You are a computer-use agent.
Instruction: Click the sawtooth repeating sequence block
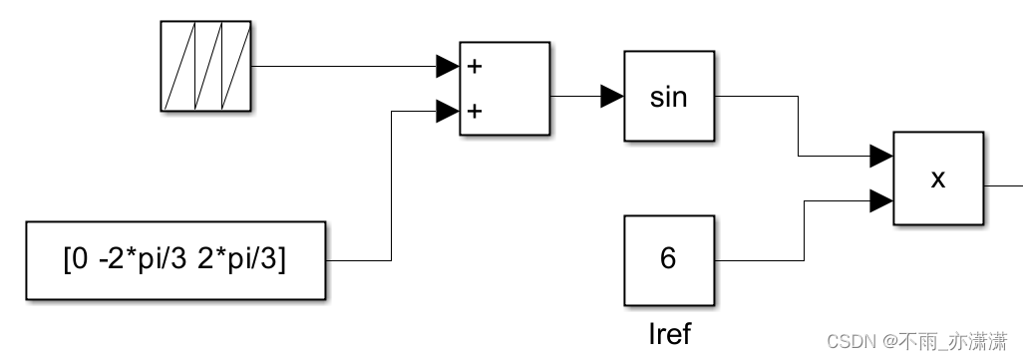tap(206, 66)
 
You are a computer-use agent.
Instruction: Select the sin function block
tap(669, 97)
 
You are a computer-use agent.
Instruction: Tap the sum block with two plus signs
tap(504, 88)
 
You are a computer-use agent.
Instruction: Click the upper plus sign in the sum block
tap(476, 67)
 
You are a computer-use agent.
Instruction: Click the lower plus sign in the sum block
tap(476, 111)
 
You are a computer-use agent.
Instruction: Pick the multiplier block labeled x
tap(938, 178)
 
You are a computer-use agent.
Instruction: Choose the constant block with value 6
tap(669, 259)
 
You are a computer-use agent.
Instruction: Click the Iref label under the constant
tap(669, 333)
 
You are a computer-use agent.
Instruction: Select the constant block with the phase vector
tap(175, 260)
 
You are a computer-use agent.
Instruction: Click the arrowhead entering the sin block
tap(612, 97)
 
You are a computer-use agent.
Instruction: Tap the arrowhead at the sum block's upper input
tap(447, 67)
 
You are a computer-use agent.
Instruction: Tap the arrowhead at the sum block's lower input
tap(447, 111)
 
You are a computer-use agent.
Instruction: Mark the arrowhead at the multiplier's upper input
tap(880, 156)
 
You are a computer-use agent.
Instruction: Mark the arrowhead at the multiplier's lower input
tap(880, 200)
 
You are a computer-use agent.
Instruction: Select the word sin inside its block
tap(669, 97)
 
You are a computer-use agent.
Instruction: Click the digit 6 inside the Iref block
tap(668, 259)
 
